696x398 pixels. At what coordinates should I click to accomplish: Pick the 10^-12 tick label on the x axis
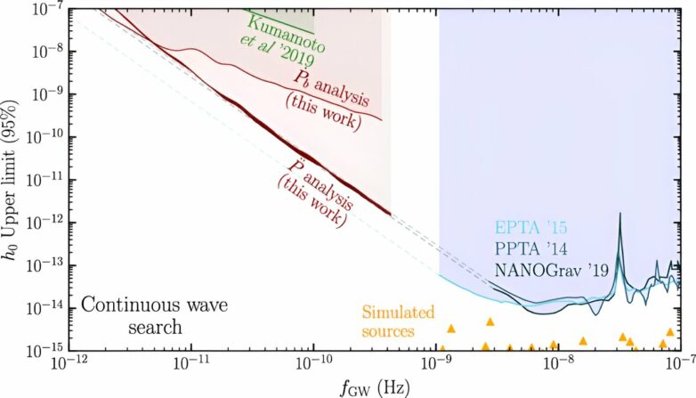click(x=65, y=364)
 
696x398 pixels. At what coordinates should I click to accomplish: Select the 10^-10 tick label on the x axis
click(x=312, y=364)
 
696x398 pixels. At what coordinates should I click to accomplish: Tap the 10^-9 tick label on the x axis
click(x=436, y=364)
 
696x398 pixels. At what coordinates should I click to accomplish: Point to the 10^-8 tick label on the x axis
click(x=560, y=364)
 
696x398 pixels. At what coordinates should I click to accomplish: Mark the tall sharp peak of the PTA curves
click(x=619, y=216)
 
